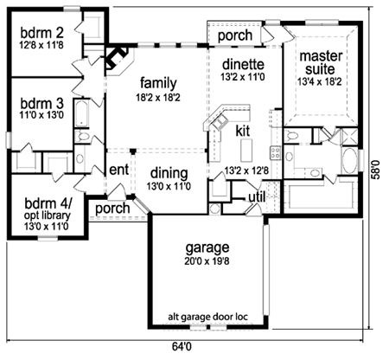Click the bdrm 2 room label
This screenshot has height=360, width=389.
coord(41,33)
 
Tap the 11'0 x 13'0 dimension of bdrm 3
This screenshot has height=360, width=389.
coord(42,115)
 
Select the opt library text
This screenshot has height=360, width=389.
coord(47,215)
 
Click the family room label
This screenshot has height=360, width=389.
coord(158,84)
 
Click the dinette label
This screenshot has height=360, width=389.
coord(243,64)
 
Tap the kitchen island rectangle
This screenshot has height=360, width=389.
coord(246,150)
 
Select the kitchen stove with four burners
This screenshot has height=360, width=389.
coord(275,152)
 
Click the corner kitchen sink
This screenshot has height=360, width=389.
coord(220,121)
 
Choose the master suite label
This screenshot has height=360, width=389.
coord(321,63)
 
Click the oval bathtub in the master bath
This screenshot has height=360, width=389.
coord(349,161)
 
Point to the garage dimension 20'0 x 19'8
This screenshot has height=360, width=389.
coord(207,261)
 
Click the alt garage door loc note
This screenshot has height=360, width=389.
coord(207,317)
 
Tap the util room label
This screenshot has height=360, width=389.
coord(257,197)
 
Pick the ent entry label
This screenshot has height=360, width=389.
coord(118,170)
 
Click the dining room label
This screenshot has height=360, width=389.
coord(169,174)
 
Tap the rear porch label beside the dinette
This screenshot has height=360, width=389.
coord(235,35)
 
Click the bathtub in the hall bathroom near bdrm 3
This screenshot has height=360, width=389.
coord(82,113)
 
